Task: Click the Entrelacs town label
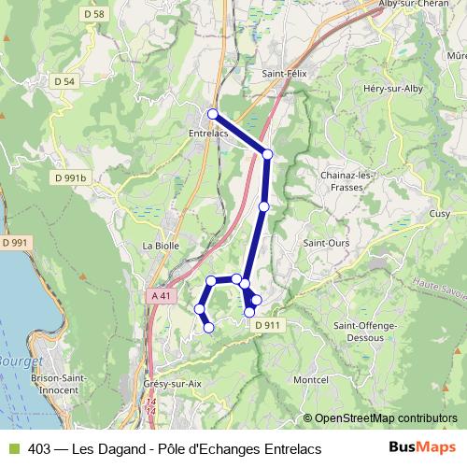[209, 134]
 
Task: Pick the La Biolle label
[160, 247]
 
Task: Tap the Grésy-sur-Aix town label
[173, 383]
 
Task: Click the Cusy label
[439, 214]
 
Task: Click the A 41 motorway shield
[163, 295]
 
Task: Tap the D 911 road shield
[267, 324]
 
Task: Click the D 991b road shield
[70, 177]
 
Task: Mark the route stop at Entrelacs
[213, 114]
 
